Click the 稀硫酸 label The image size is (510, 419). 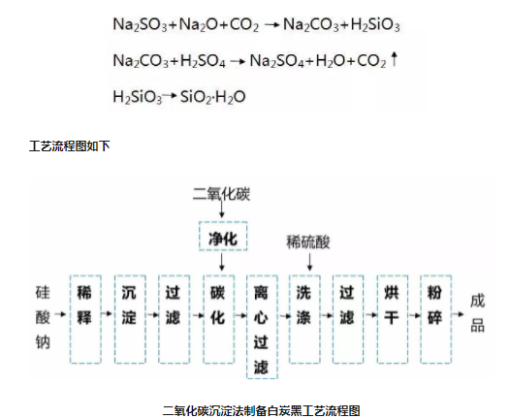point(304,240)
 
